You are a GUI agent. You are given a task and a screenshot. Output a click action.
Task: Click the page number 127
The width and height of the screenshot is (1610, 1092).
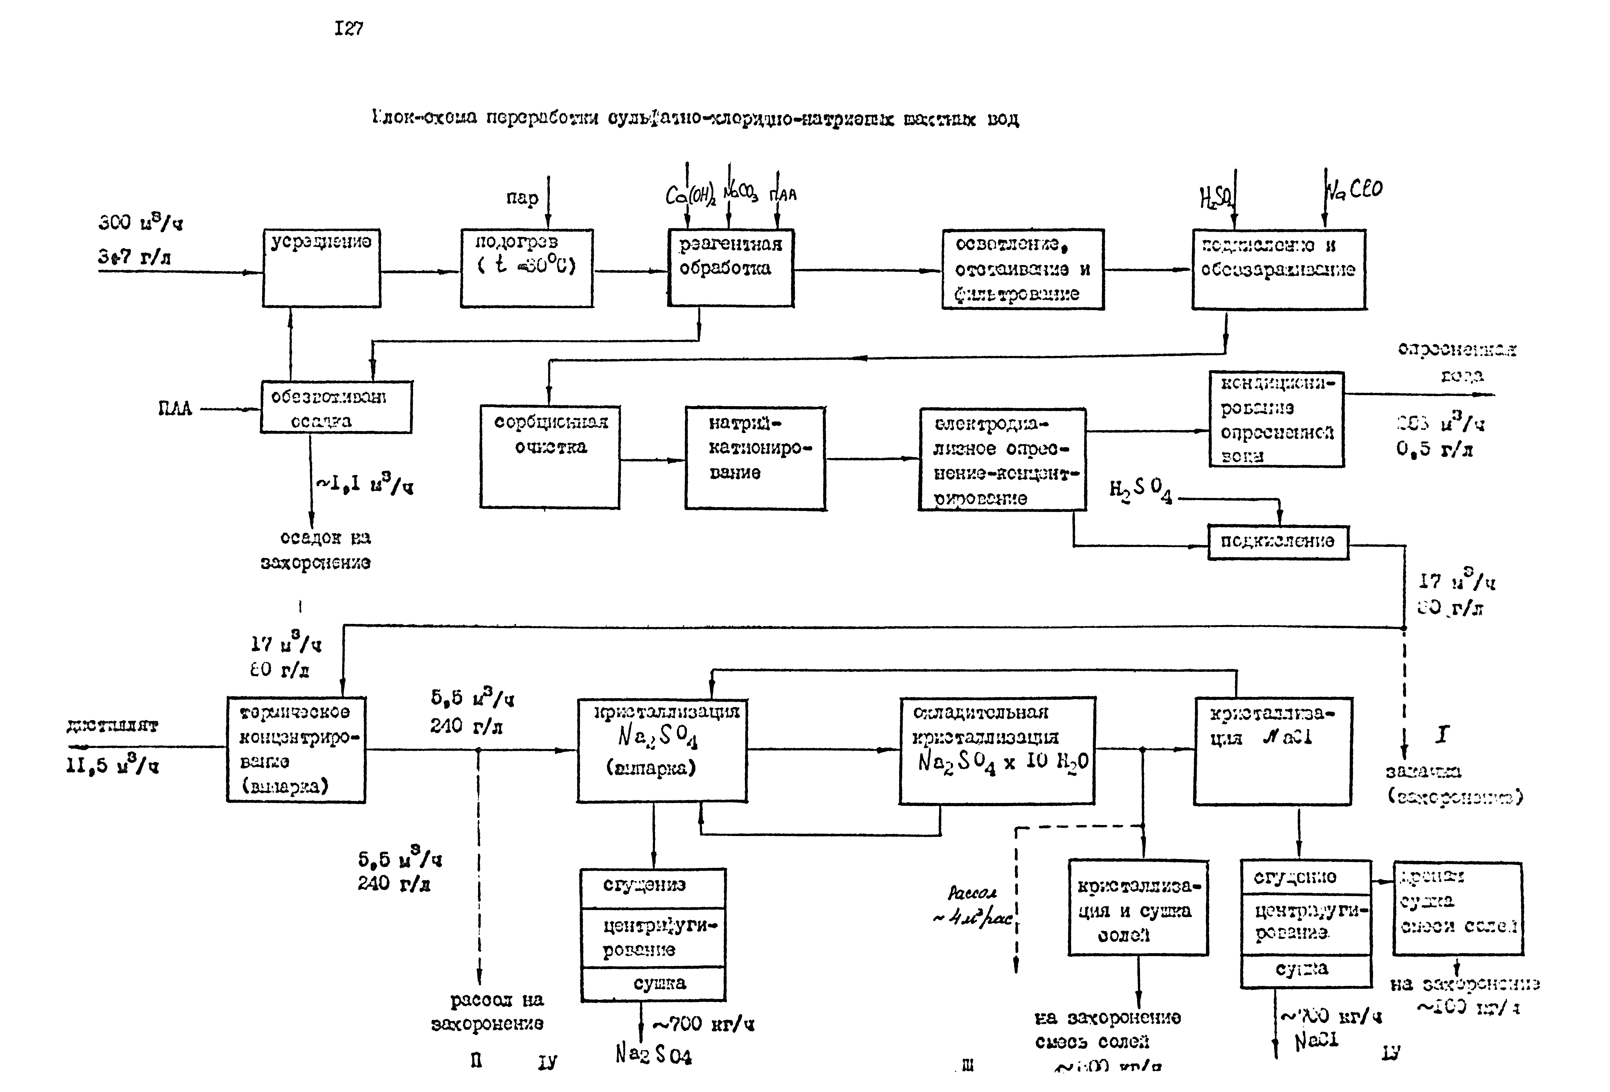pyautogui.click(x=349, y=29)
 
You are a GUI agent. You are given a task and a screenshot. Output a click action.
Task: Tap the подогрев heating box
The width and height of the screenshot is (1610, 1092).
pyautogui.click(x=526, y=268)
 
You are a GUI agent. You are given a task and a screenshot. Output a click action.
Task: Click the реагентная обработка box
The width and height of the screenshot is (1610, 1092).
pyautogui.click(x=730, y=268)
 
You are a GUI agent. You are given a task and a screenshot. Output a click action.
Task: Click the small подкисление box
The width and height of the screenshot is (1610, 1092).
pyautogui.click(x=1278, y=541)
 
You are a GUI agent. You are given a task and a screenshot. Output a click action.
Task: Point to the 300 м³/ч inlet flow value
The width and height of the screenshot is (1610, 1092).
pyautogui.click(x=141, y=223)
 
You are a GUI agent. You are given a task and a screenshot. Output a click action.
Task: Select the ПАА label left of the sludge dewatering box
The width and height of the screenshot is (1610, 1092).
pyautogui.click(x=175, y=408)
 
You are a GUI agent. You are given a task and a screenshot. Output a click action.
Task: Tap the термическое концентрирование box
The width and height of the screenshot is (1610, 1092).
pyautogui.click(x=296, y=749)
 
